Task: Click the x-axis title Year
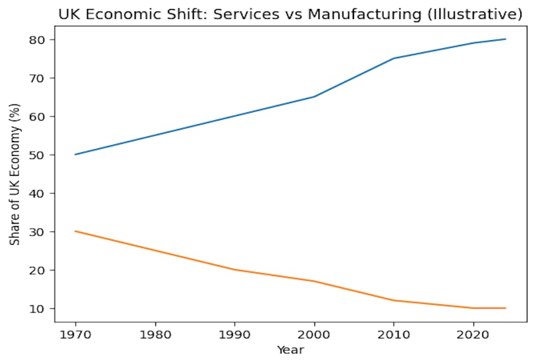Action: pos(290,349)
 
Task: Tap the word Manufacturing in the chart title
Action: pos(358,14)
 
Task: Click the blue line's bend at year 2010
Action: pos(394,58)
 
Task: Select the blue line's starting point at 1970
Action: pos(75,154)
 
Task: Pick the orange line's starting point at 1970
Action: pos(75,231)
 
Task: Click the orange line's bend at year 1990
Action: pos(234,269)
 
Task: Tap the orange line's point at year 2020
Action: pos(473,308)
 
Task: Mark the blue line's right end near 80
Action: pos(505,39)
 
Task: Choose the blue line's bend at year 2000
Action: pos(314,97)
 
